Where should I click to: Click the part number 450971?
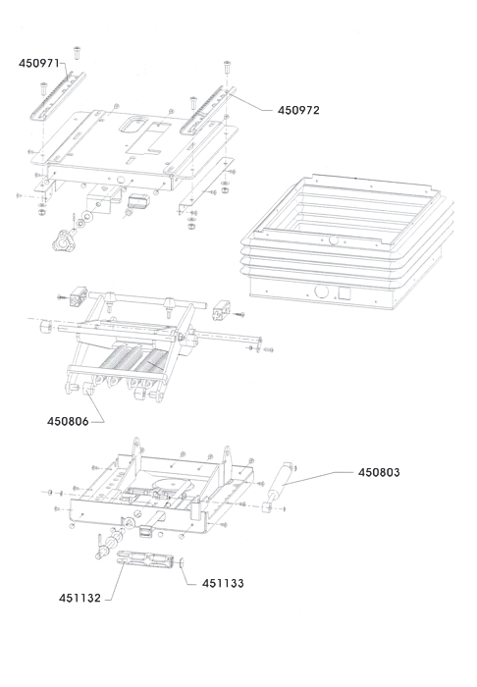(38, 63)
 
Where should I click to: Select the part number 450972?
(298, 110)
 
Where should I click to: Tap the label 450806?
(68, 421)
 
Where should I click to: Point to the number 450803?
(379, 472)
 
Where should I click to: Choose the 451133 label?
(223, 583)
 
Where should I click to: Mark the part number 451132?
(79, 598)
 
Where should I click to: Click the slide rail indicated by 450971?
(58, 97)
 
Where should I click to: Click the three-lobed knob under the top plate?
(64, 240)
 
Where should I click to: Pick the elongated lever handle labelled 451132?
(143, 559)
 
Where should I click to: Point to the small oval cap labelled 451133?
(181, 562)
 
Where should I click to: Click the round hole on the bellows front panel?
(322, 291)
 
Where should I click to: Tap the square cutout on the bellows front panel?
(345, 293)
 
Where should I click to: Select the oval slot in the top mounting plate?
(134, 124)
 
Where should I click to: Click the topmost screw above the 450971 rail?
(78, 53)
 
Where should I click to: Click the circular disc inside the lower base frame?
(171, 488)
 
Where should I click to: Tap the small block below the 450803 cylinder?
(266, 507)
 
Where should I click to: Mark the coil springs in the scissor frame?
(133, 357)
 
